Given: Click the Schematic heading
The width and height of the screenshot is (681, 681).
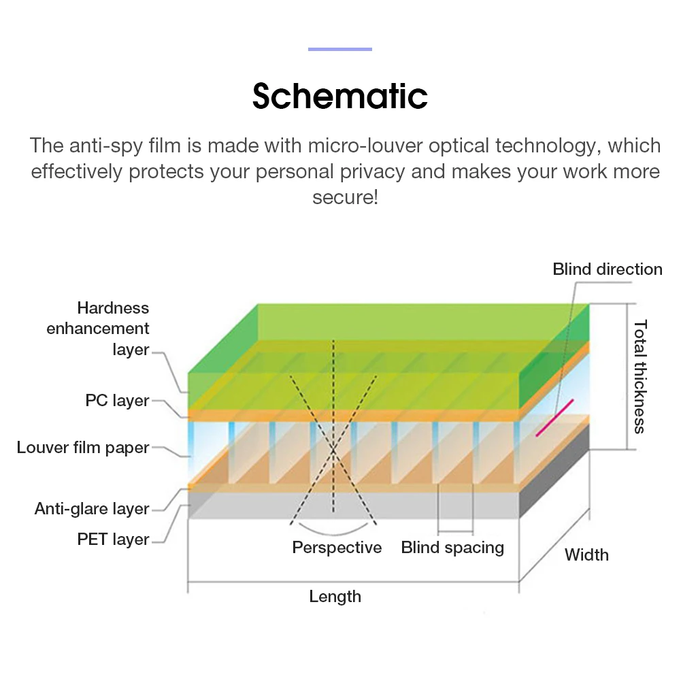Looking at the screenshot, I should [x=339, y=96].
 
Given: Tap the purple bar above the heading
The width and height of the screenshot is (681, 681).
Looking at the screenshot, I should [x=339, y=49].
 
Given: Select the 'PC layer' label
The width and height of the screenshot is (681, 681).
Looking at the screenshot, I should [x=117, y=401].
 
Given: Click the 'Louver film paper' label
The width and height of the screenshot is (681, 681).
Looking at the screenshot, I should [x=83, y=448].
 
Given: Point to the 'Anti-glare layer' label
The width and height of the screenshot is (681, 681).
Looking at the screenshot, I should [x=92, y=509].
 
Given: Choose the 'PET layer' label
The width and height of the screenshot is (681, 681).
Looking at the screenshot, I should [x=113, y=539].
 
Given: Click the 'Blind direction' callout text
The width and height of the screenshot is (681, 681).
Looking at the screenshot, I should [x=607, y=269].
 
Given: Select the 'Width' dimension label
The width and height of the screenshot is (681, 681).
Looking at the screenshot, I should [x=586, y=555].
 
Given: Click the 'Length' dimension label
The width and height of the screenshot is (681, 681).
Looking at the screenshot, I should [x=335, y=597].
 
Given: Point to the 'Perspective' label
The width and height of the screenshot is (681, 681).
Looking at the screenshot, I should [x=337, y=548].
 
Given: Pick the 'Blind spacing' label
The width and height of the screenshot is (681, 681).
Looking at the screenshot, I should [x=452, y=548].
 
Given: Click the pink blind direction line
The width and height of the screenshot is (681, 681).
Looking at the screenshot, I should [x=554, y=417].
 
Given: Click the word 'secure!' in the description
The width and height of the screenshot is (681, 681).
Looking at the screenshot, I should [x=345, y=197].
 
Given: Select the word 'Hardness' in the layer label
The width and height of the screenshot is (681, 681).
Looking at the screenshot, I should [x=113, y=308].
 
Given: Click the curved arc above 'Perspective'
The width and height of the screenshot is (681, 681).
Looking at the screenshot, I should [x=333, y=531].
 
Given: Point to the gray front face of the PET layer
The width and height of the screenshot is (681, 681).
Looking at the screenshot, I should [x=354, y=505].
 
